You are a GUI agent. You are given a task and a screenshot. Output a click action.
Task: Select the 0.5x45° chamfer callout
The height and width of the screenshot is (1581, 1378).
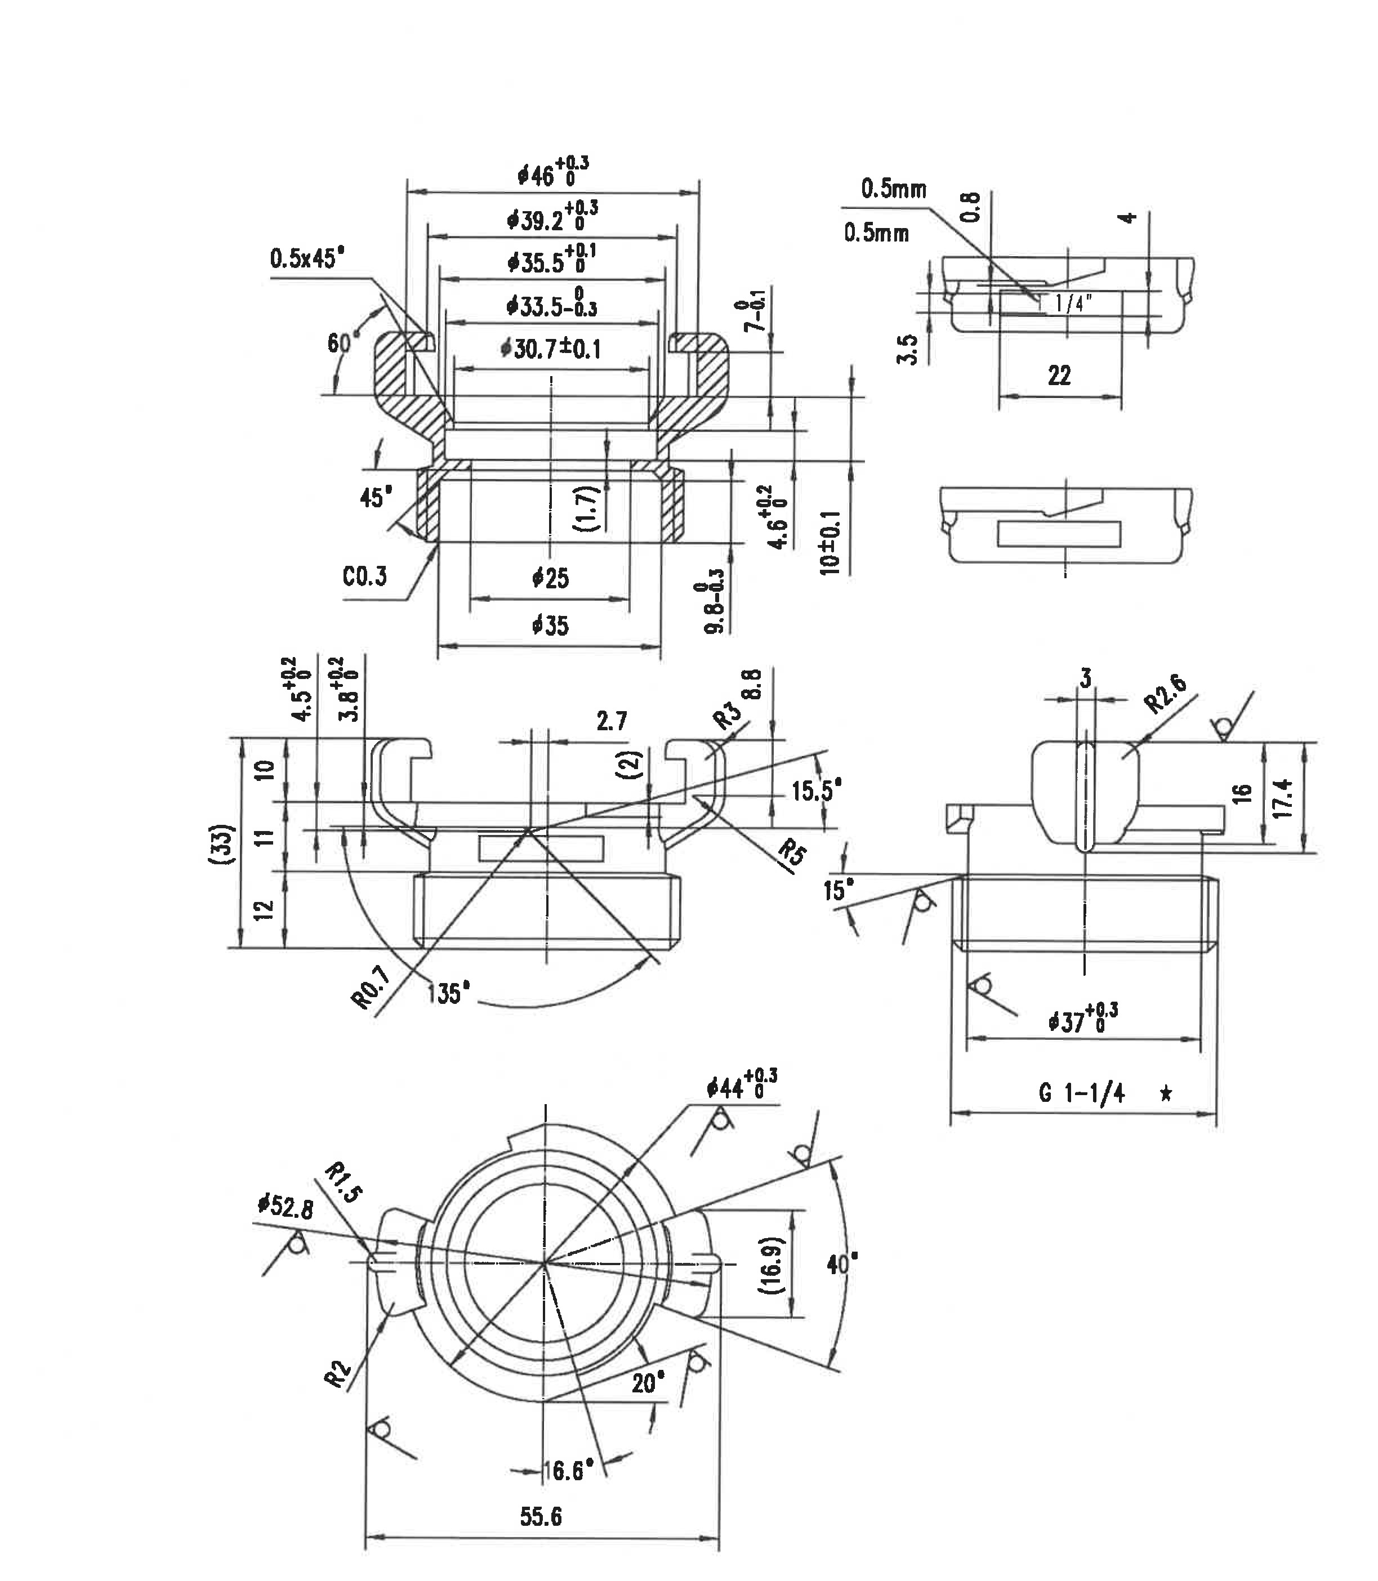click(307, 258)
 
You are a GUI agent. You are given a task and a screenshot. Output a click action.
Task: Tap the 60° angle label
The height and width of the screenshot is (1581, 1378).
click(338, 343)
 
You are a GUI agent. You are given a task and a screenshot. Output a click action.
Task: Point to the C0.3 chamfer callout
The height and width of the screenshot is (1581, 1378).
click(364, 576)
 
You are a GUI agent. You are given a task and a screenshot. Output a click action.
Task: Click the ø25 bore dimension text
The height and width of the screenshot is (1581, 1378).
click(551, 578)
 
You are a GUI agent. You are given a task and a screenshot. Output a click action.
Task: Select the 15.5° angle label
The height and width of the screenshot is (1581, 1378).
click(817, 790)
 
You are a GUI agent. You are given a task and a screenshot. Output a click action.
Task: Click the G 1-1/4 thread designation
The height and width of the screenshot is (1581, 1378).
click(1082, 1093)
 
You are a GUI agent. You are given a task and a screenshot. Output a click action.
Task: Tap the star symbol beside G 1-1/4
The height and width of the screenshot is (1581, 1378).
click(1166, 1093)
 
